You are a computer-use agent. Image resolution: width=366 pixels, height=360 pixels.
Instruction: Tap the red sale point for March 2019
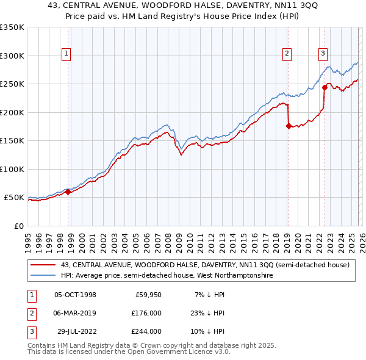288,126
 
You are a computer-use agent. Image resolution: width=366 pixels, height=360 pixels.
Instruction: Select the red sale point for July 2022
325,88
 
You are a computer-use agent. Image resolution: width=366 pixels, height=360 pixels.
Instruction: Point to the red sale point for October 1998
68,192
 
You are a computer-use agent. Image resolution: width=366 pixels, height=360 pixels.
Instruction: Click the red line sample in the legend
43,265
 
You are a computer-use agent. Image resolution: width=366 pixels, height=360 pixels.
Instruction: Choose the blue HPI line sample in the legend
43,275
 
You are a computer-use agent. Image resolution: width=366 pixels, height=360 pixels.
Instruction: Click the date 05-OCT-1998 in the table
75,295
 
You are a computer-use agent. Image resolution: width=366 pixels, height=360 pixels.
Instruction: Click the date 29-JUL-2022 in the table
75,331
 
